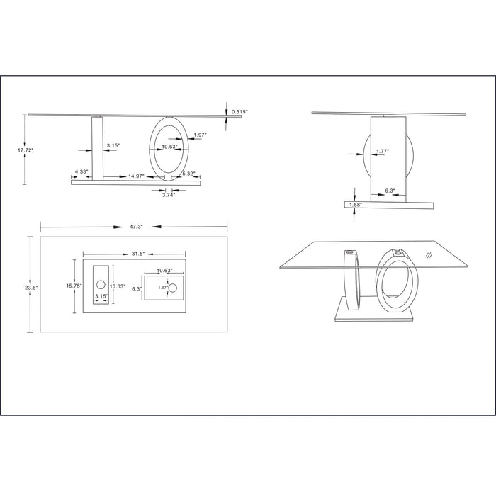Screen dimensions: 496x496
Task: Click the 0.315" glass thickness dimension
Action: (x=239, y=112)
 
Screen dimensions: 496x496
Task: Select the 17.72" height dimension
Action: (x=25, y=150)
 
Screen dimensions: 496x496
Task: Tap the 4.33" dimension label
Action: (x=81, y=171)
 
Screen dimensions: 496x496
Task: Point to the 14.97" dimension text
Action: (x=136, y=176)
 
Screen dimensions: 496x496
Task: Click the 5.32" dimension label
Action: (x=189, y=174)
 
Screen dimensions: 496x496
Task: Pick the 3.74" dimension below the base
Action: (x=169, y=195)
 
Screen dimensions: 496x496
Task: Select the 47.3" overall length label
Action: (x=136, y=227)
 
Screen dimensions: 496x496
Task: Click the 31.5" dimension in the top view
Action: (x=138, y=254)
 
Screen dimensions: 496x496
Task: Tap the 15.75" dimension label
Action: (x=74, y=286)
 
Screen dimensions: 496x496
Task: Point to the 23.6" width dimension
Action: (x=31, y=288)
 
